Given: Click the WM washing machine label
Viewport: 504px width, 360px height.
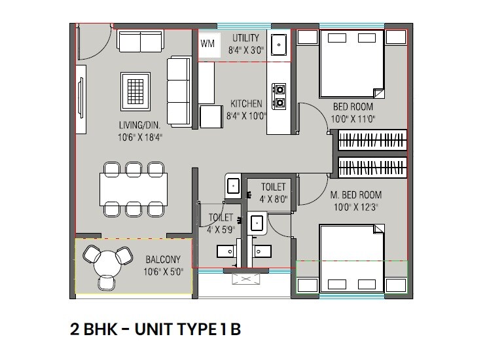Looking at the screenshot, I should pos(208,44).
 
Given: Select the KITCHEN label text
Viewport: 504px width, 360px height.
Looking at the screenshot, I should pos(246,103).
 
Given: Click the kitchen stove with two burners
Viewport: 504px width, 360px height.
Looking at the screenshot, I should pos(279,96).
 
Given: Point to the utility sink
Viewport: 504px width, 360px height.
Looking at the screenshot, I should pos(279,45).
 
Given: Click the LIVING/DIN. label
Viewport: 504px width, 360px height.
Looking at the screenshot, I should pos(139,126).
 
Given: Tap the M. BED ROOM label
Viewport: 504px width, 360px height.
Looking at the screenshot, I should pos(355,195).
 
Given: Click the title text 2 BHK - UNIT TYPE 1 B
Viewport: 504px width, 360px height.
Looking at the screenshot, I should pos(156,329).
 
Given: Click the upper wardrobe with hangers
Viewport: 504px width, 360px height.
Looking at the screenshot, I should pos(372,141).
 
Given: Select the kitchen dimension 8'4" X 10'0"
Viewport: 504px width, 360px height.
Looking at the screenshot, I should pos(246,116).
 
